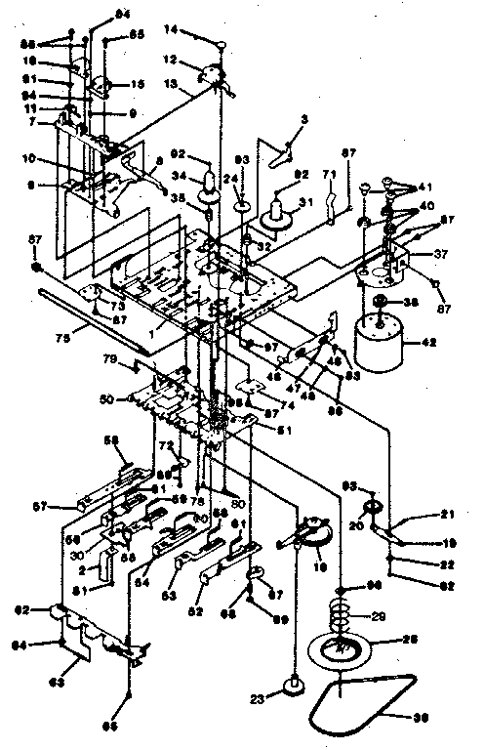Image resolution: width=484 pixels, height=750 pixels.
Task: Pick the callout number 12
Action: point(196,60)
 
